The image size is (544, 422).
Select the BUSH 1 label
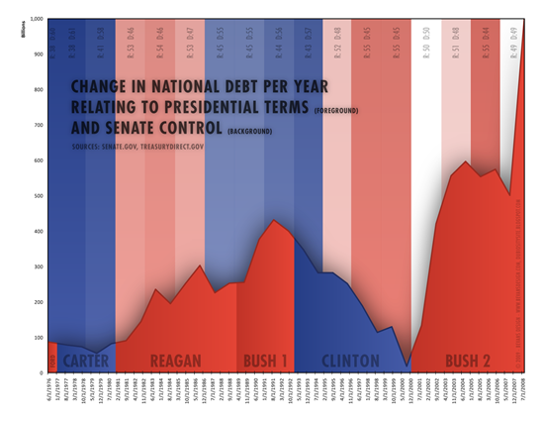pos(266,360)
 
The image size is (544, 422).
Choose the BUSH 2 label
pos(467,360)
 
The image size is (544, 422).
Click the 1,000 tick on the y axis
pos(35,20)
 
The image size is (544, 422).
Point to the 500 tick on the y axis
pos(37,196)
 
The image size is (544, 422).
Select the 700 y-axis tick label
pos(37,126)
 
